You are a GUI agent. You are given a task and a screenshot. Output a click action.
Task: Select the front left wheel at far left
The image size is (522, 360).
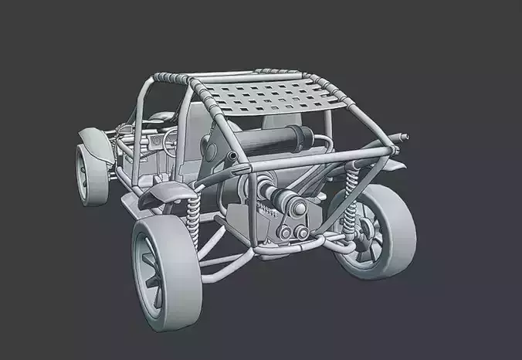[x=90, y=175]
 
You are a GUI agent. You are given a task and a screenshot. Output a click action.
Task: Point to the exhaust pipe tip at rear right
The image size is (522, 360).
[x=402, y=138]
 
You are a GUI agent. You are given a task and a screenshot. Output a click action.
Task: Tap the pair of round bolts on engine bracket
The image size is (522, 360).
[x=291, y=233]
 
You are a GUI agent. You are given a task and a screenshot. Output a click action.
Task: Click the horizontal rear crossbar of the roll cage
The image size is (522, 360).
[x=309, y=162]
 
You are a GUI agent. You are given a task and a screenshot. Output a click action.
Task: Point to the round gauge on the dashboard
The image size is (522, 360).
[x=154, y=144]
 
